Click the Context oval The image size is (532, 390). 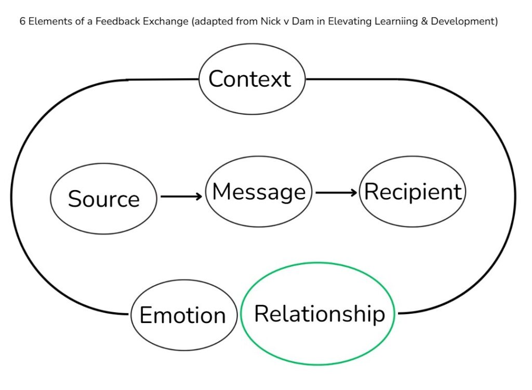pos(252,79)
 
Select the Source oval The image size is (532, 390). pos(103,199)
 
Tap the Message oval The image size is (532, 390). pos(259,192)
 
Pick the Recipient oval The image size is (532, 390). pos(413,192)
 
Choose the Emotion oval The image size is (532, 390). pos(182,315)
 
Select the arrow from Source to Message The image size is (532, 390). pos(181,197)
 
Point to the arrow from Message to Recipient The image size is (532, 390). pos(336,193)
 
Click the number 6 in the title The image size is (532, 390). pos(22,22)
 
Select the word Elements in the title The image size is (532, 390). pos(48,22)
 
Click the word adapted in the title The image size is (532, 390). pos(204,22)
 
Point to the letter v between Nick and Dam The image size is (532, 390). pos(287,22)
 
